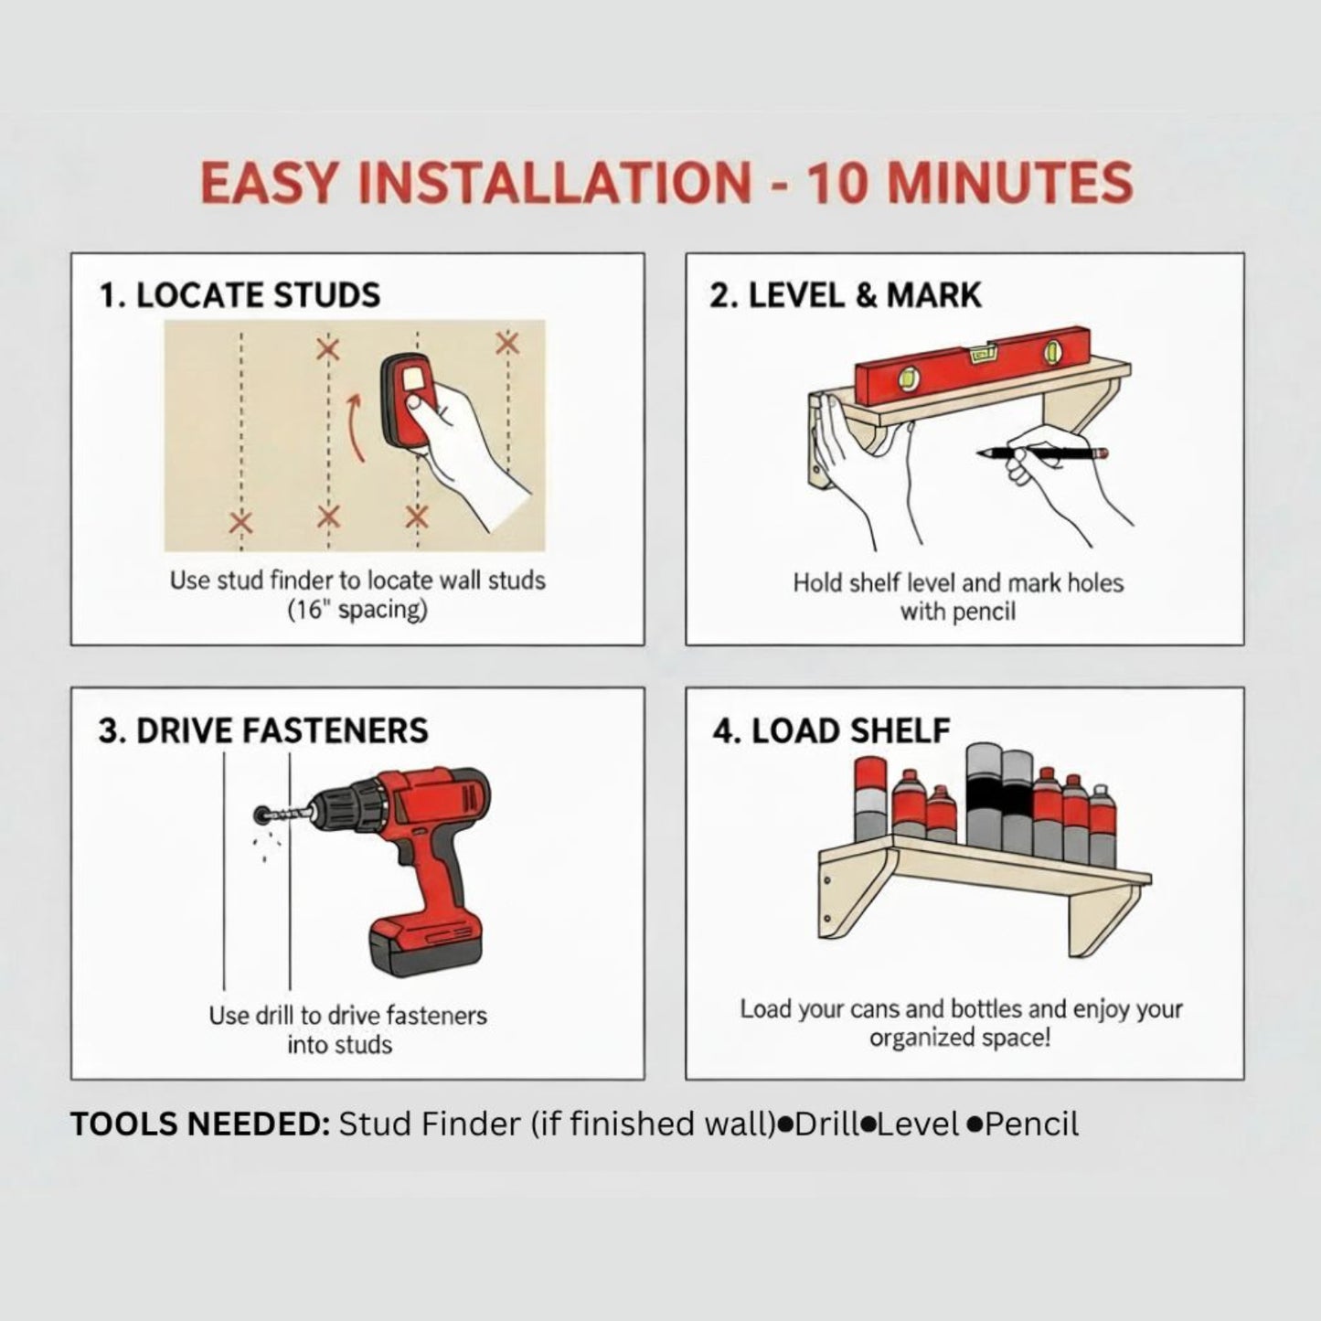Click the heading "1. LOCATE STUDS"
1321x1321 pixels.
point(240,296)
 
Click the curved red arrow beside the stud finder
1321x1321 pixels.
point(357,428)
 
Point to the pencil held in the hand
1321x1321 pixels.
point(1042,452)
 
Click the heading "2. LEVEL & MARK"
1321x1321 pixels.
point(846,296)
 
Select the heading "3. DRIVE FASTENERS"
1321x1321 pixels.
point(263,731)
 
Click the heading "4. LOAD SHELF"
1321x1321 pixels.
point(831,731)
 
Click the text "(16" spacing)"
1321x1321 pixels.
point(357,610)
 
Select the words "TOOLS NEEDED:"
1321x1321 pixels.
point(200,1124)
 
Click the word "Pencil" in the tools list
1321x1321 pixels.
point(1031,1124)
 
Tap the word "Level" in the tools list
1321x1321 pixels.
point(917,1124)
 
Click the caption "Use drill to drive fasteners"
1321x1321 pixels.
point(347,1016)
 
